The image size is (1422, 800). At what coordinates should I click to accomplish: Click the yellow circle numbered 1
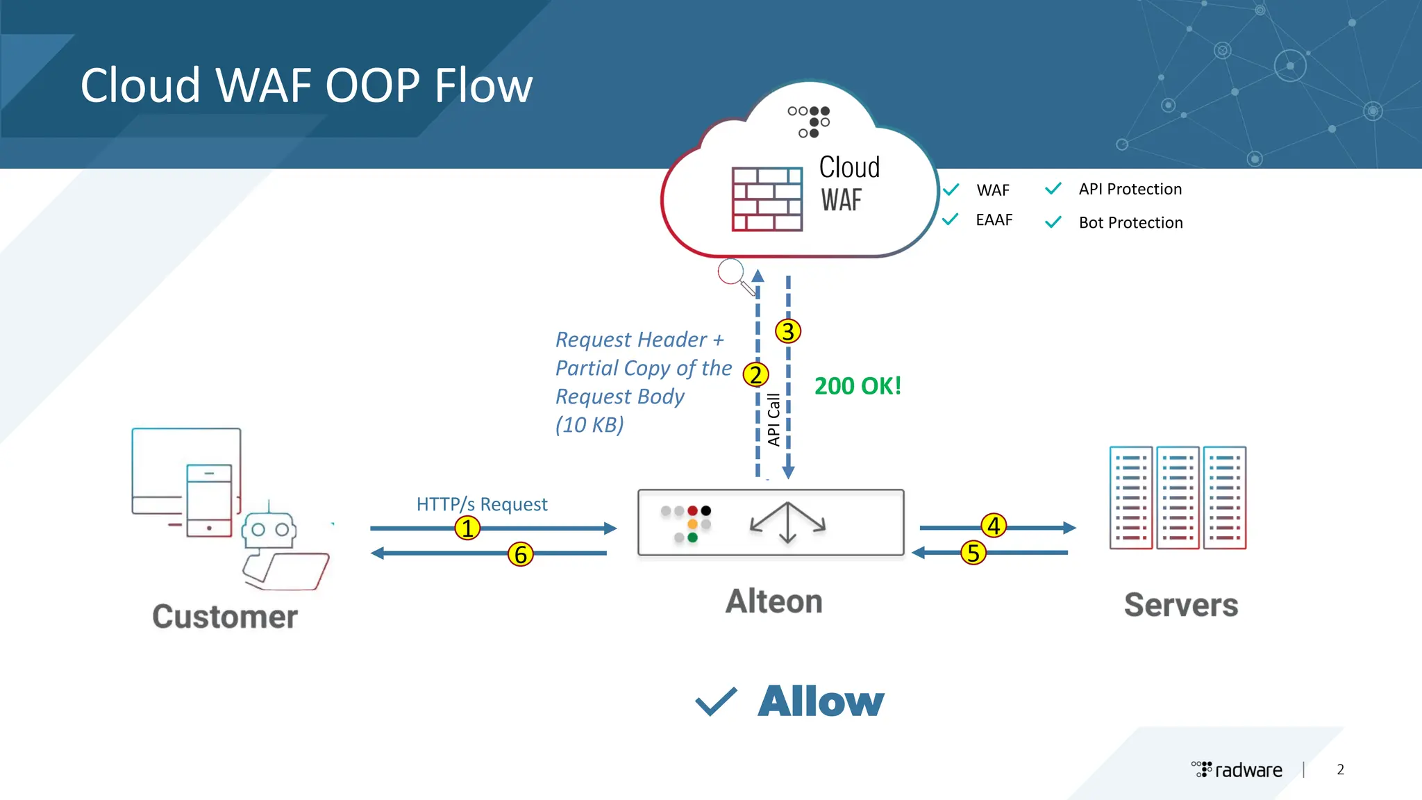[467, 528]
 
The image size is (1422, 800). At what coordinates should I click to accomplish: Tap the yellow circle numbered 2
[755, 375]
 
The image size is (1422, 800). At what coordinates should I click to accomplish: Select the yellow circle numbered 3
[787, 331]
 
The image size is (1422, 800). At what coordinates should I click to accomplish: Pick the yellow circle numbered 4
[994, 526]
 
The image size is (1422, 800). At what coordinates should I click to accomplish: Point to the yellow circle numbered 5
[973, 553]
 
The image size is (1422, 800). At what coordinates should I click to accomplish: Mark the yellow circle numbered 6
[521, 554]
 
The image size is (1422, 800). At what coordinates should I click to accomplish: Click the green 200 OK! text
[858, 386]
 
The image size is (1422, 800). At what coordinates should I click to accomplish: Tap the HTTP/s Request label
[482, 504]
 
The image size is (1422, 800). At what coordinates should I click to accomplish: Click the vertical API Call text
[773, 419]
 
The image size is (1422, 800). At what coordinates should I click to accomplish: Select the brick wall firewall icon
[767, 199]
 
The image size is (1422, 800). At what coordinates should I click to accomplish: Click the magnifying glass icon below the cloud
[733, 275]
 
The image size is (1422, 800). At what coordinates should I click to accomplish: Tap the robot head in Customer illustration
[269, 531]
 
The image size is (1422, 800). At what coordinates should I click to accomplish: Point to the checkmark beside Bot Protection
[1053, 222]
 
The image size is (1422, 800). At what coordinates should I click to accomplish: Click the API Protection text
[1130, 189]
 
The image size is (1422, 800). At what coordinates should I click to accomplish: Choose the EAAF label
[994, 220]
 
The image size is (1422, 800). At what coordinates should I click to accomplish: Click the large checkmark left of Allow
[716, 701]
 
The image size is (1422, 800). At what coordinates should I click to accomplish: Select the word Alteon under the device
[773, 601]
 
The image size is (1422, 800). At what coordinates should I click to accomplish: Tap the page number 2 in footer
[1340, 769]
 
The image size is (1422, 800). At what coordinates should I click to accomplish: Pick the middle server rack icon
[1178, 497]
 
